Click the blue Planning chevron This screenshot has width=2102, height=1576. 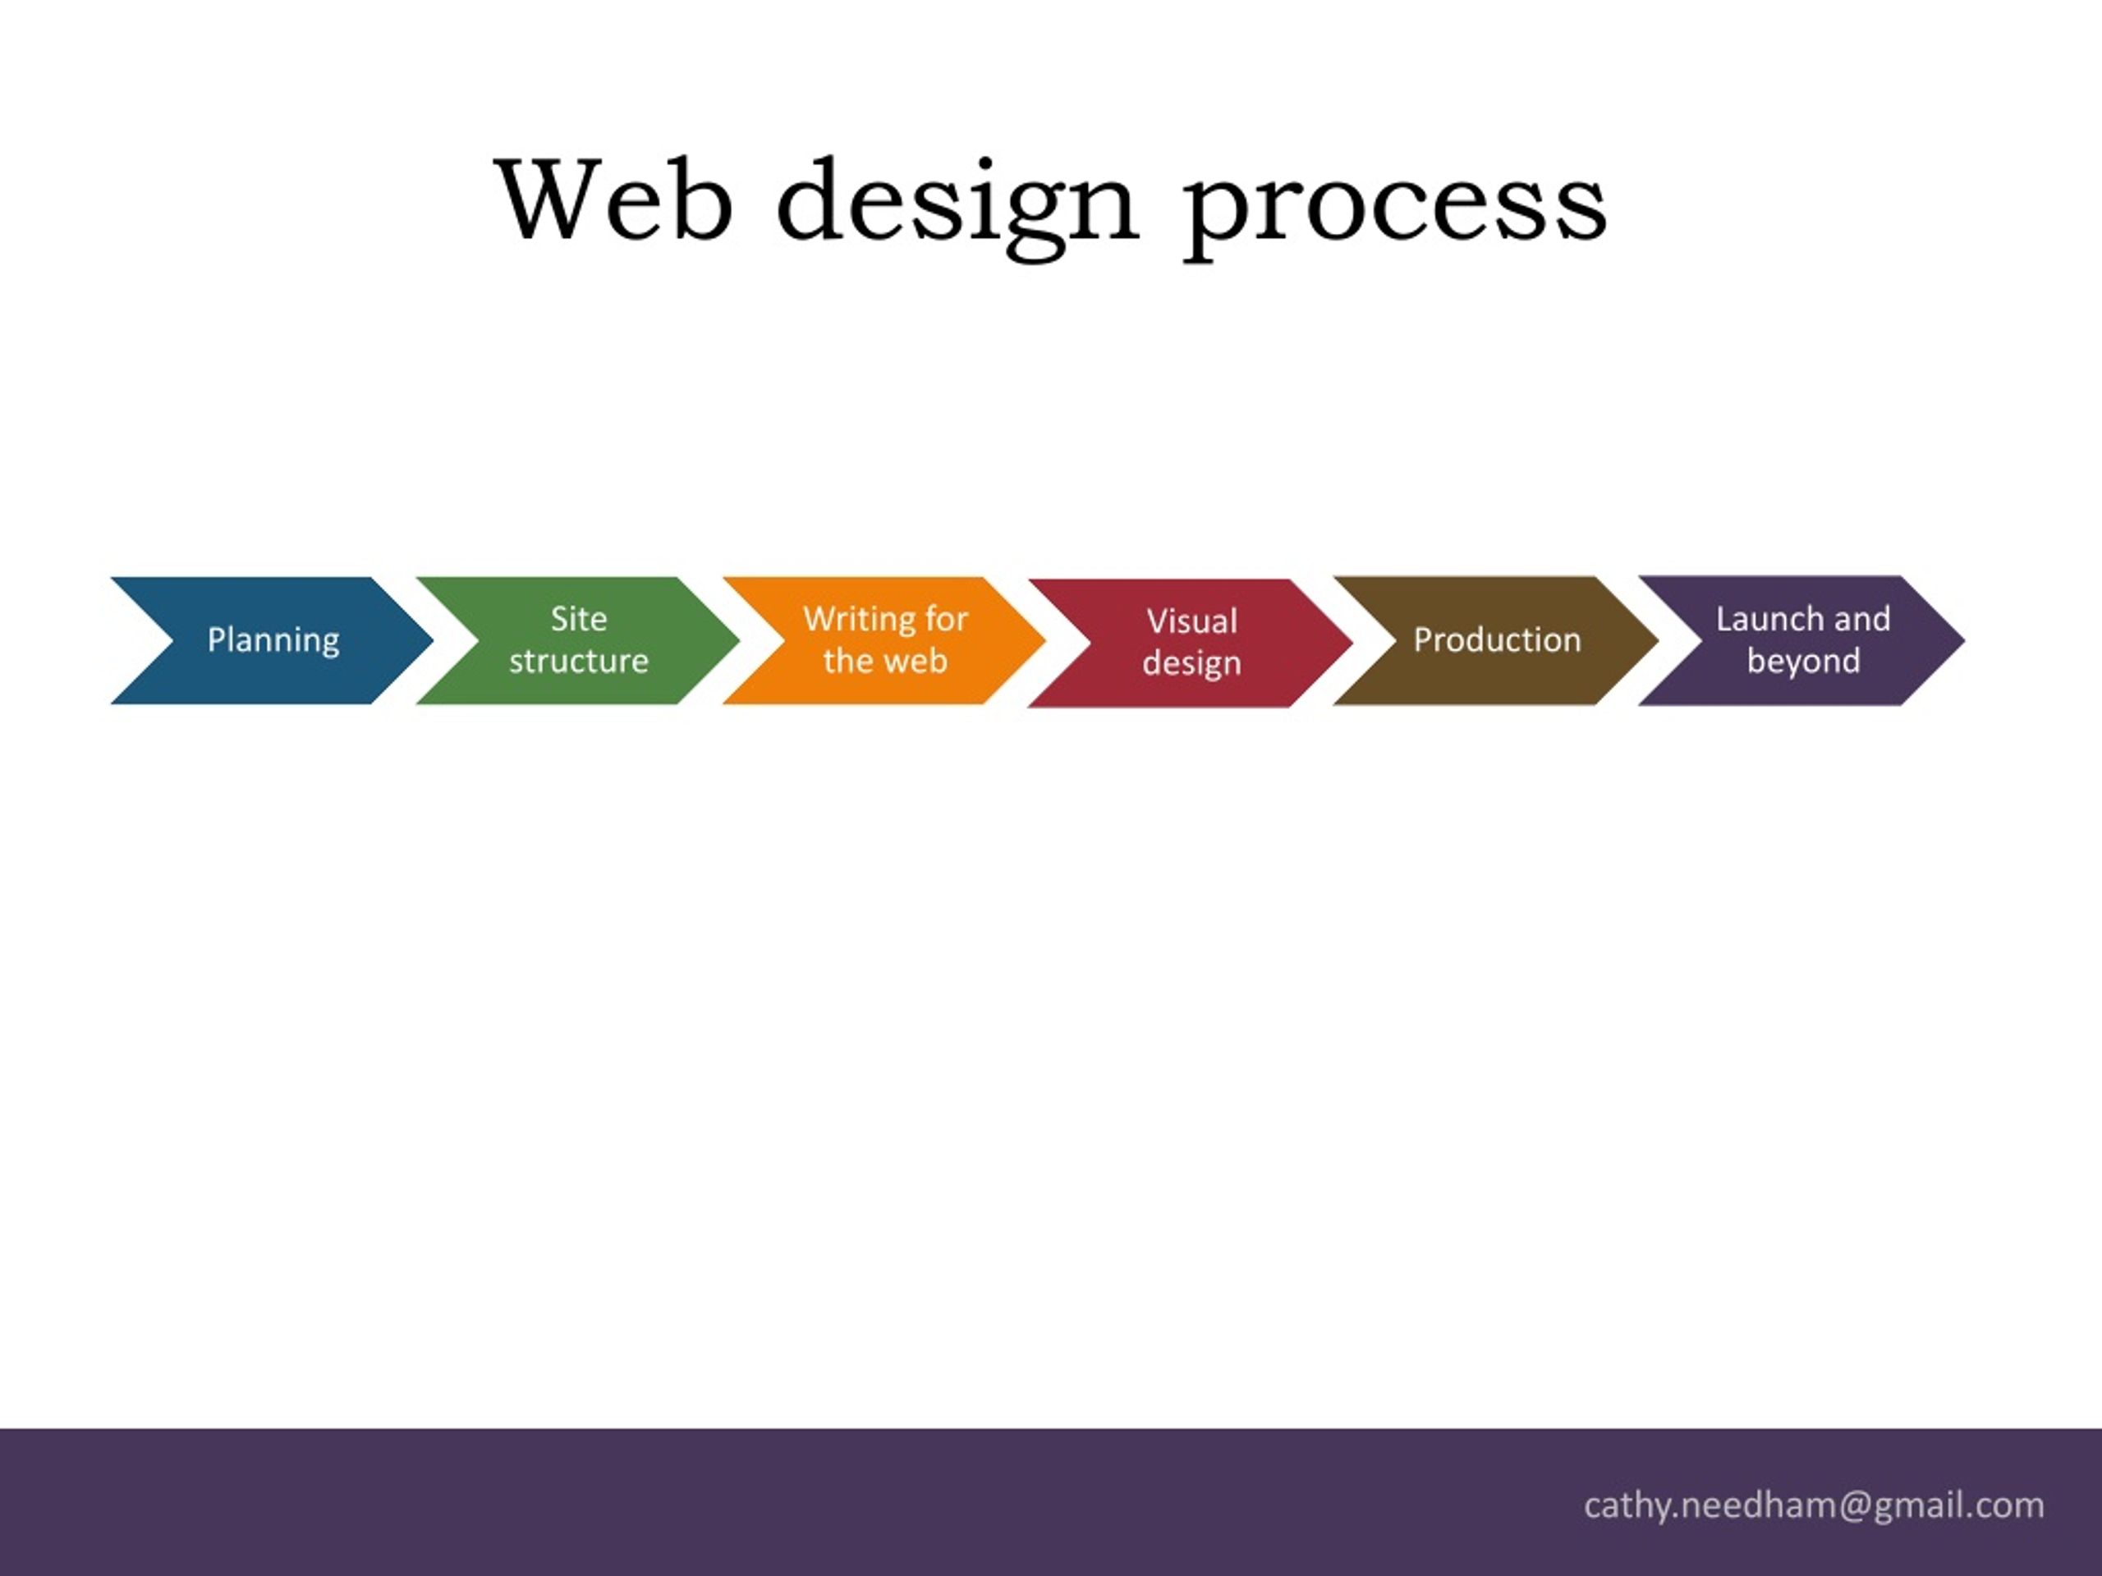(285, 640)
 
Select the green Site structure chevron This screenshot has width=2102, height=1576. (590, 640)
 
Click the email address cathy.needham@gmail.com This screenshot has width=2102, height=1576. (1814, 1505)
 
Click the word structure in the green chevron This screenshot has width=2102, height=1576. (579, 661)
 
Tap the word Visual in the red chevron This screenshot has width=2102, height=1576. (1192, 621)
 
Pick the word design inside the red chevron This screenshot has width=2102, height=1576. (1191, 664)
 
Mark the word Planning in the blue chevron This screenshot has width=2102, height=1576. (273, 641)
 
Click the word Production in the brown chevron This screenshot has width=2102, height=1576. (1498, 640)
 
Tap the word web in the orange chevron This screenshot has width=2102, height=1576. (916, 661)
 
